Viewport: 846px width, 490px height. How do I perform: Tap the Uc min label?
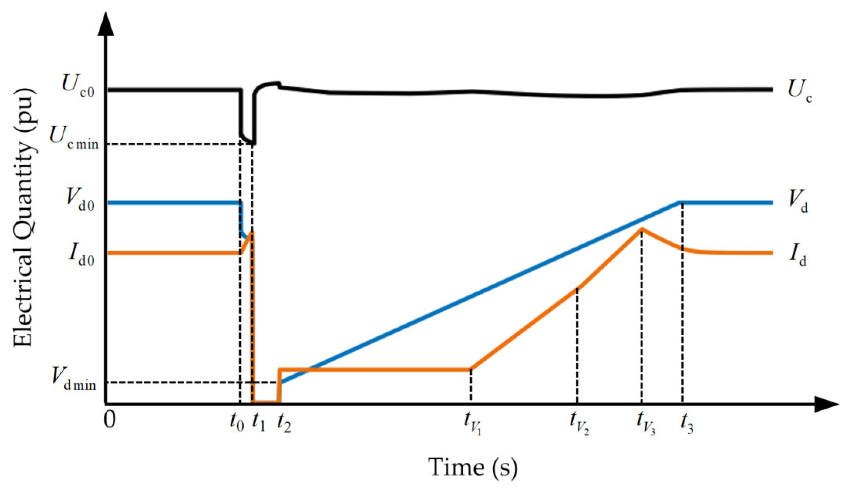point(74,139)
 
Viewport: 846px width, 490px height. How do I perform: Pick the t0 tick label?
point(236,422)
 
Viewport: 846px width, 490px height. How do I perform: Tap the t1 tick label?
point(259,422)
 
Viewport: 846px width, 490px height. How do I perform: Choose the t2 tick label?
point(284,422)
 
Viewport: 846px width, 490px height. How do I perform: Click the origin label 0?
point(110,420)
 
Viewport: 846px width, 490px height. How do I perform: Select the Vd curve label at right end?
point(797,202)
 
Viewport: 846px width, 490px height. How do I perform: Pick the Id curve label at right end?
point(797,255)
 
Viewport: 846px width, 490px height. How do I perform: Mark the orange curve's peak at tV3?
point(641,228)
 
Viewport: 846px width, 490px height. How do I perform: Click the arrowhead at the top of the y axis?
point(105,23)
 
